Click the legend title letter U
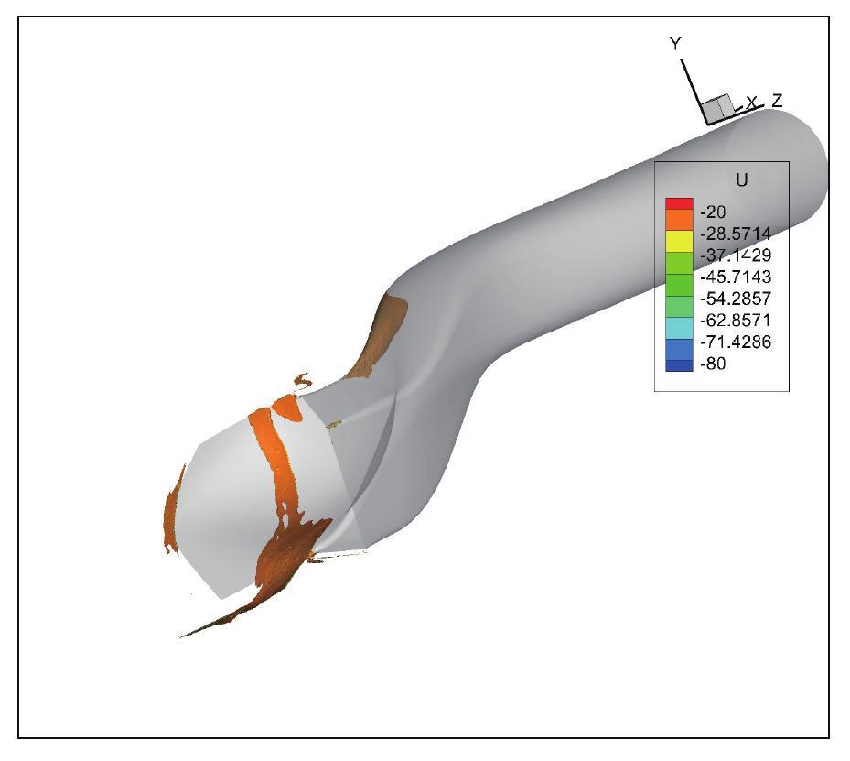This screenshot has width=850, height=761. (x=741, y=180)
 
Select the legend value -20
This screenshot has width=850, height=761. (x=713, y=212)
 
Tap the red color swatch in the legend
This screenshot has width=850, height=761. (x=678, y=204)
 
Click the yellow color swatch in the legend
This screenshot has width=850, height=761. (x=678, y=241)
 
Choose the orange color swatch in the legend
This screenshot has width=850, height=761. (x=678, y=221)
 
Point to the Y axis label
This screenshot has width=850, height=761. (x=675, y=43)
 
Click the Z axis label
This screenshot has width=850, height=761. (x=776, y=100)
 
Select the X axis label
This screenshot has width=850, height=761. (x=751, y=103)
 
